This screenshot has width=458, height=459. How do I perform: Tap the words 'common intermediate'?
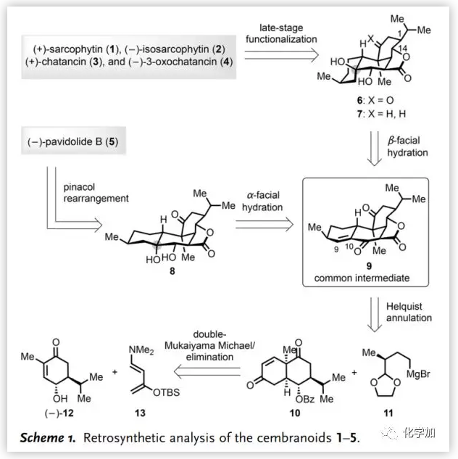pyautogui.click(x=358, y=278)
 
